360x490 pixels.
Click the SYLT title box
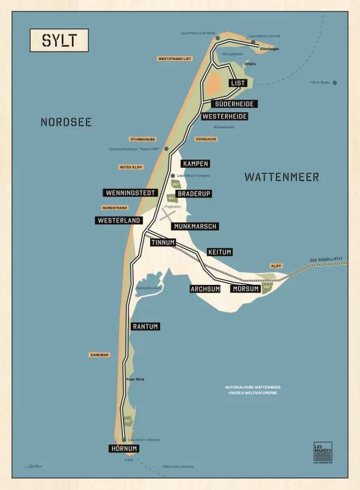click(59, 40)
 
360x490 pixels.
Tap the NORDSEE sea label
click(66, 122)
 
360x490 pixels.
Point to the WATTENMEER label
click(281, 177)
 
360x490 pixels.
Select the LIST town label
click(238, 83)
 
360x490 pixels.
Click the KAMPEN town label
click(196, 164)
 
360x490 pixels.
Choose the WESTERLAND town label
click(119, 220)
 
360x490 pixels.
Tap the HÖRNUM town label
click(124, 449)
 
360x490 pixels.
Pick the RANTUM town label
click(145, 326)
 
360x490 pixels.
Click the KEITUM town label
click(219, 252)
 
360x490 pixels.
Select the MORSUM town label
click(245, 289)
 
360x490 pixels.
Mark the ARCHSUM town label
click(205, 289)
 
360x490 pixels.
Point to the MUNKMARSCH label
click(194, 226)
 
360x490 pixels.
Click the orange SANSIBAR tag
click(99, 355)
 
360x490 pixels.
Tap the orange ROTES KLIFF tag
click(130, 167)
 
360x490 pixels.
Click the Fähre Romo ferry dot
click(335, 83)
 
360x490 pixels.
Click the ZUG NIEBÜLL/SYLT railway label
click(328, 259)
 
